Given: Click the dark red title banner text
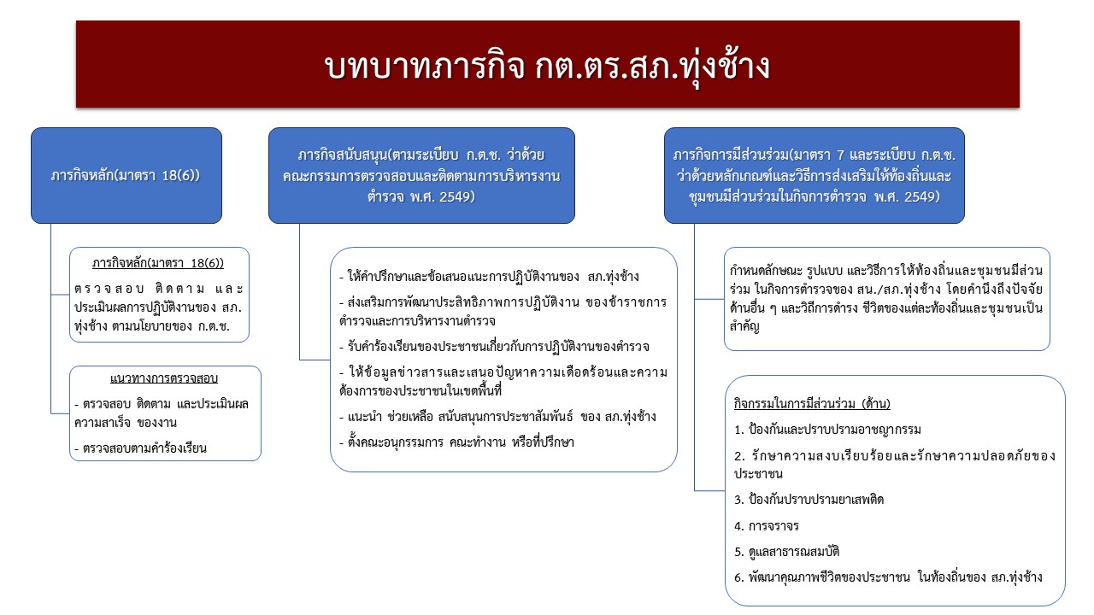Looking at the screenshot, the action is click(x=547, y=67).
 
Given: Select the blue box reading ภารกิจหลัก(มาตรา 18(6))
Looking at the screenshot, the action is click(x=126, y=176).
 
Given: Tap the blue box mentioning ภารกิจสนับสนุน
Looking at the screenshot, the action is click(x=421, y=176).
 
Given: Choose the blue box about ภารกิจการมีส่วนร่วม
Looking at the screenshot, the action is click(x=815, y=176).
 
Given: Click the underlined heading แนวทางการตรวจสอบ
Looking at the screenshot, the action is click(x=164, y=378).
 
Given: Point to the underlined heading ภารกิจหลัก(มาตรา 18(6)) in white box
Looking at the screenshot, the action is click(x=158, y=264).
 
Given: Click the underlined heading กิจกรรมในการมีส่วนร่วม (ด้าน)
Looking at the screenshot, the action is click(x=812, y=404).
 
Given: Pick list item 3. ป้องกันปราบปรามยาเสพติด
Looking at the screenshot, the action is click(x=809, y=500).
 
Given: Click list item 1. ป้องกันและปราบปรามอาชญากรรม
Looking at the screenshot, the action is click(x=827, y=430).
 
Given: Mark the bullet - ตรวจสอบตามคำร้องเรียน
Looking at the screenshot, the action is click(x=140, y=448).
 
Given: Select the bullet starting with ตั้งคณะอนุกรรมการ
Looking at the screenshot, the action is click(x=456, y=442).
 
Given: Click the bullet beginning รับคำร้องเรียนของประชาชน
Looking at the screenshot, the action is click(x=494, y=347).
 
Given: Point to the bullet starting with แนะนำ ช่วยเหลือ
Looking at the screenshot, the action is click(x=497, y=417).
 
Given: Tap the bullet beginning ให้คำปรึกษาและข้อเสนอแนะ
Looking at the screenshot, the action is click(x=489, y=277).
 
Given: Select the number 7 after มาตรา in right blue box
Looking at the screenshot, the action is click(x=840, y=155).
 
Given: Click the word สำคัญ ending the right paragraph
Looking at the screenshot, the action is click(x=744, y=327).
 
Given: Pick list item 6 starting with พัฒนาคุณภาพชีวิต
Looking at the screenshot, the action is click(x=888, y=577).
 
